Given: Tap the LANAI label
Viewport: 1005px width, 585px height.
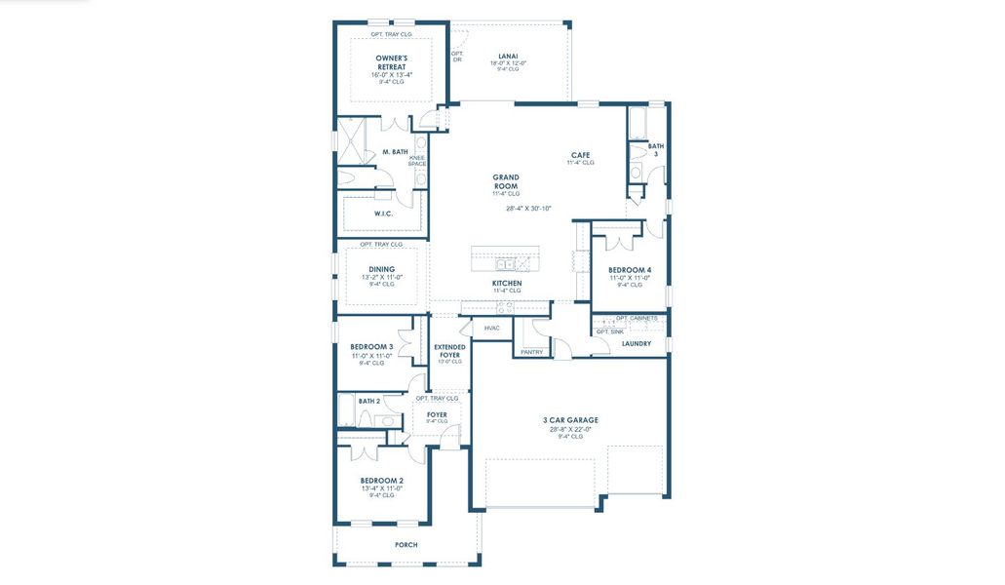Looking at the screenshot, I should tap(508, 56).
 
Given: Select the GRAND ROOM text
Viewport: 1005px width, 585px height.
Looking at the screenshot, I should tap(505, 181).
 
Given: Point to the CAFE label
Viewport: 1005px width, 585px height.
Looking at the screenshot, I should tap(581, 155).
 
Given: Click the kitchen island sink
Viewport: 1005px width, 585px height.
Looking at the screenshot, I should tap(505, 263).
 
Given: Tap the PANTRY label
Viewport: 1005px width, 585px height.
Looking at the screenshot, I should tap(531, 352).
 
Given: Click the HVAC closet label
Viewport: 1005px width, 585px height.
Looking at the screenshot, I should tap(491, 328).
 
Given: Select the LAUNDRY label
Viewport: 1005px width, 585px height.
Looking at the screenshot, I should tap(636, 343).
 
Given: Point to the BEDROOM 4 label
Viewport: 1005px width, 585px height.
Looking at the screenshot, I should tap(630, 270).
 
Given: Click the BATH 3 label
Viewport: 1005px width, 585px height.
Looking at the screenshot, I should tap(656, 150).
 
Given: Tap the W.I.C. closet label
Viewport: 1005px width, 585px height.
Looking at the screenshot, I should tap(383, 214).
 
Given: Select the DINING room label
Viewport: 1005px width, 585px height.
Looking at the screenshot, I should tap(381, 270).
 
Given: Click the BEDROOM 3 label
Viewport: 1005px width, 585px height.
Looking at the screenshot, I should tap(371, 346).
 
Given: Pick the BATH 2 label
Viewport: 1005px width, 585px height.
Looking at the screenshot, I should tap(368, 401).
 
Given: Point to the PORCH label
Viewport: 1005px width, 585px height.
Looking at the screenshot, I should tap(406, 545).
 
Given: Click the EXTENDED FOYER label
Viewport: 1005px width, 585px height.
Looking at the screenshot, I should tap(449, 350).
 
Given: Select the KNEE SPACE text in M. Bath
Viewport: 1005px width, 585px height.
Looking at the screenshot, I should tap(417, 161).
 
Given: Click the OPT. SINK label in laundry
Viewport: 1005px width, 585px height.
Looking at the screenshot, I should tap(609, 331).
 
